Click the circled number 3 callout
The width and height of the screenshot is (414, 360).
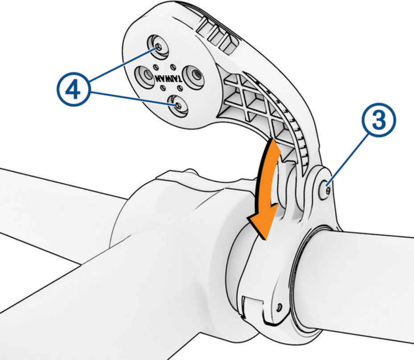pos(379,120)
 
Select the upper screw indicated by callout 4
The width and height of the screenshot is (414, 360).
pos(158,47)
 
